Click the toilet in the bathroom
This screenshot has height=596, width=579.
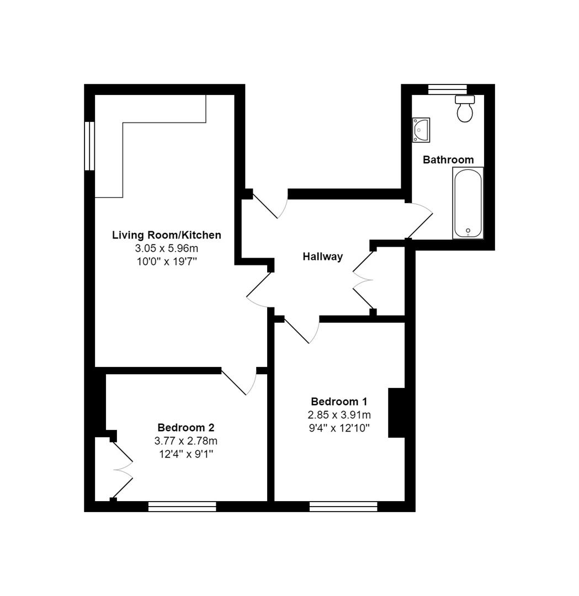tap(465, 109)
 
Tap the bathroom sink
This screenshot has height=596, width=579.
tap(421, 130)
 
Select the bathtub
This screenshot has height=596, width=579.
tap(468, 203)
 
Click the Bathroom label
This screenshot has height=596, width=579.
tap(448, 160)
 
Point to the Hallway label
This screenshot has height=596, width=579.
tap(323, 257)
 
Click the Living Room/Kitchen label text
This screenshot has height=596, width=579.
tap(167, 235)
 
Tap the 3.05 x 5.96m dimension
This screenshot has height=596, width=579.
tap(167, 248)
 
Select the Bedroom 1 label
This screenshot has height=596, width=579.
tap(339, 402)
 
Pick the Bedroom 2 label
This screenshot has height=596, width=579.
tap(186, 428)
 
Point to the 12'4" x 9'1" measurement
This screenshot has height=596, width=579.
tap(186, 454)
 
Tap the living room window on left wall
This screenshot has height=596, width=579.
tap(89, 146)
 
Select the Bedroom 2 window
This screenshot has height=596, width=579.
tap(182, 506)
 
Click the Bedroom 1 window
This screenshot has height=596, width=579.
tap(343, 506)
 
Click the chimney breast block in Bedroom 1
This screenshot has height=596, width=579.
tap(397, 413)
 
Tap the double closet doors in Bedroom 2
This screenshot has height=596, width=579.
tap(123, 470)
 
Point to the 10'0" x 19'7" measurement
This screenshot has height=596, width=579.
tap(167, 262)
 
